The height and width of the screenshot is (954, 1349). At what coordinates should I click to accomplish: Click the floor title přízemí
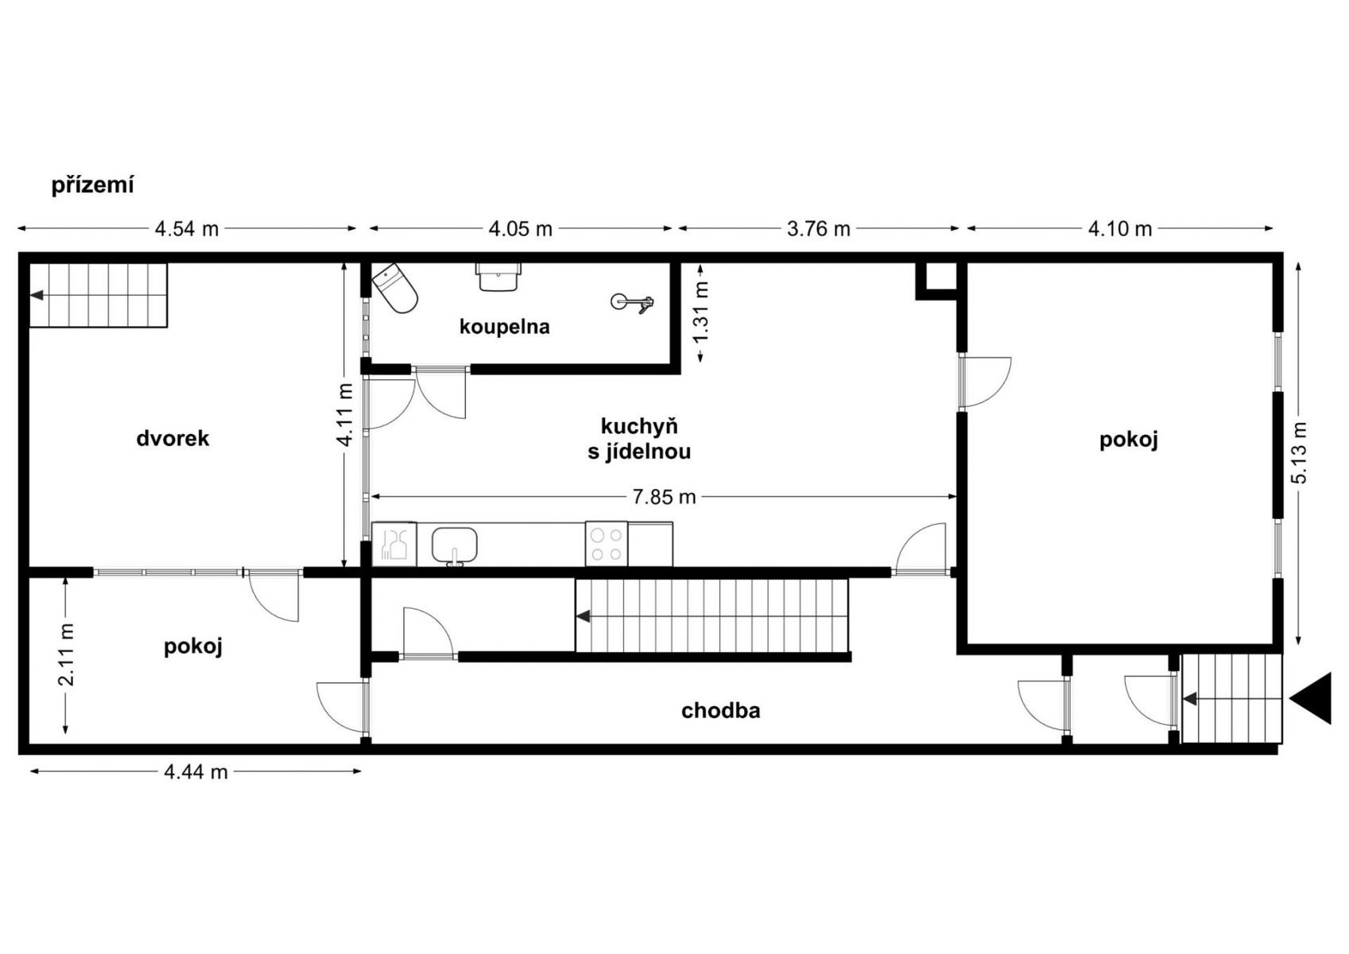(92, 185)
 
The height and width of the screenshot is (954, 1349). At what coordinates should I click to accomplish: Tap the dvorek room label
(173, 439)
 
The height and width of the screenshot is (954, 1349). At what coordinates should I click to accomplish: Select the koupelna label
(505, 327)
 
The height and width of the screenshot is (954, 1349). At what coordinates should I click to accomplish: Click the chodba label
(721, 711)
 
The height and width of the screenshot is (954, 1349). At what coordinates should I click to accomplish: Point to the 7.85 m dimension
(665, 497)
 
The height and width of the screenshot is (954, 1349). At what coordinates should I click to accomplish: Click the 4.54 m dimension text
(187, 229)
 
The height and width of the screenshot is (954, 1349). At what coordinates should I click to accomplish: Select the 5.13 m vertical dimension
(1299, 452)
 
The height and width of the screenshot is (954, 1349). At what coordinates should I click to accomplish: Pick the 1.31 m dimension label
(701, 312)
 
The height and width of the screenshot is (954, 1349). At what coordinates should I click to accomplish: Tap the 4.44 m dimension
(196, 771)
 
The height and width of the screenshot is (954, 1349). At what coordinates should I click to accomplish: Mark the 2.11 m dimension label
(66, 654)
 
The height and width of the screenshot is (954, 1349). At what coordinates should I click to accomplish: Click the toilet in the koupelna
(395, 288)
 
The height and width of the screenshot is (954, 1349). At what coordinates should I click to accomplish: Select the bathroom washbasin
(498, 277)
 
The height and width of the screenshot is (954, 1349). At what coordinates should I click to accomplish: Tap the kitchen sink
(455, 545)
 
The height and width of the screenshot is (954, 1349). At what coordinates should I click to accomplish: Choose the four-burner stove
(607, 544)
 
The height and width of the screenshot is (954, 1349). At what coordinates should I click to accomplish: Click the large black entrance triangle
(1311, 699)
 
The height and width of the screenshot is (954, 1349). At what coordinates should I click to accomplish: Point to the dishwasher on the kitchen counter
(394, 545)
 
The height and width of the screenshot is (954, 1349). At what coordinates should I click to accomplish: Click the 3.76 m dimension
(819, 229)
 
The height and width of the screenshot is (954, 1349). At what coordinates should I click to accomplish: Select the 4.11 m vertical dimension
(345, 415)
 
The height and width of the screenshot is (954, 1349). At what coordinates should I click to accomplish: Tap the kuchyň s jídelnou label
(639, 439)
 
